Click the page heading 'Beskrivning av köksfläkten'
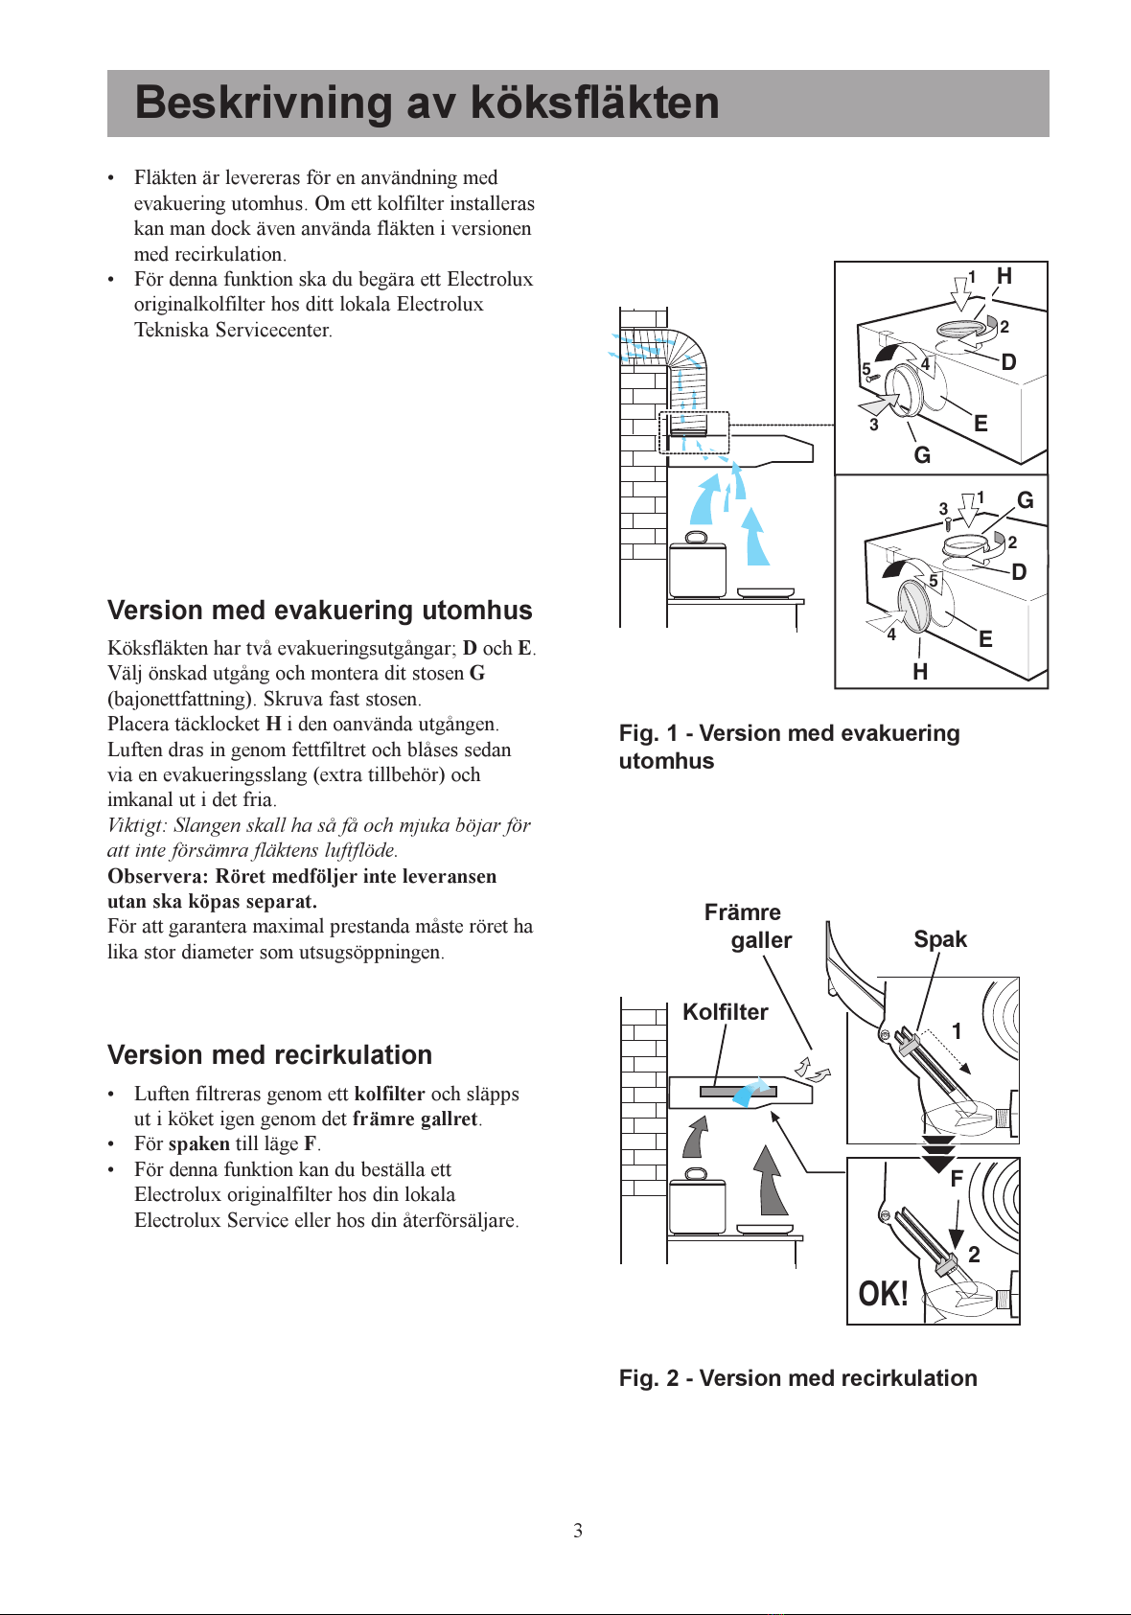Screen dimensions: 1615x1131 427,103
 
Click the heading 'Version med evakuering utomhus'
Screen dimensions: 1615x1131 319,611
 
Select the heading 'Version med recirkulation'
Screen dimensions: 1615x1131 269,1055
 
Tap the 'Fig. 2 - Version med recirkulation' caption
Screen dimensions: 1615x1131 797,1378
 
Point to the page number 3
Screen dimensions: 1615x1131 578,1531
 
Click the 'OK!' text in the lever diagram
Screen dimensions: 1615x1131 883,1295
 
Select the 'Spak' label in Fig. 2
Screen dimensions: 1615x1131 939,939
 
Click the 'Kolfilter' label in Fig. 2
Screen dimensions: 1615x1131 725,1012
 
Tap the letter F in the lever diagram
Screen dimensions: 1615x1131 956,1180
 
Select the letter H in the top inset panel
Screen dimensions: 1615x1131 1004,276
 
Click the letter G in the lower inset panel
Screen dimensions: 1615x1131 1025,500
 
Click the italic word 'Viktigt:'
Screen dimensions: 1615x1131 138,825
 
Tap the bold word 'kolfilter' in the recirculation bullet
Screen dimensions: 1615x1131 389,1094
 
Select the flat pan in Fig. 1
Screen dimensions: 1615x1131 766,592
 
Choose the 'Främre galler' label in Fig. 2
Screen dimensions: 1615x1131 748,926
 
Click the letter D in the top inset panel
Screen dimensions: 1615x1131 1008,362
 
